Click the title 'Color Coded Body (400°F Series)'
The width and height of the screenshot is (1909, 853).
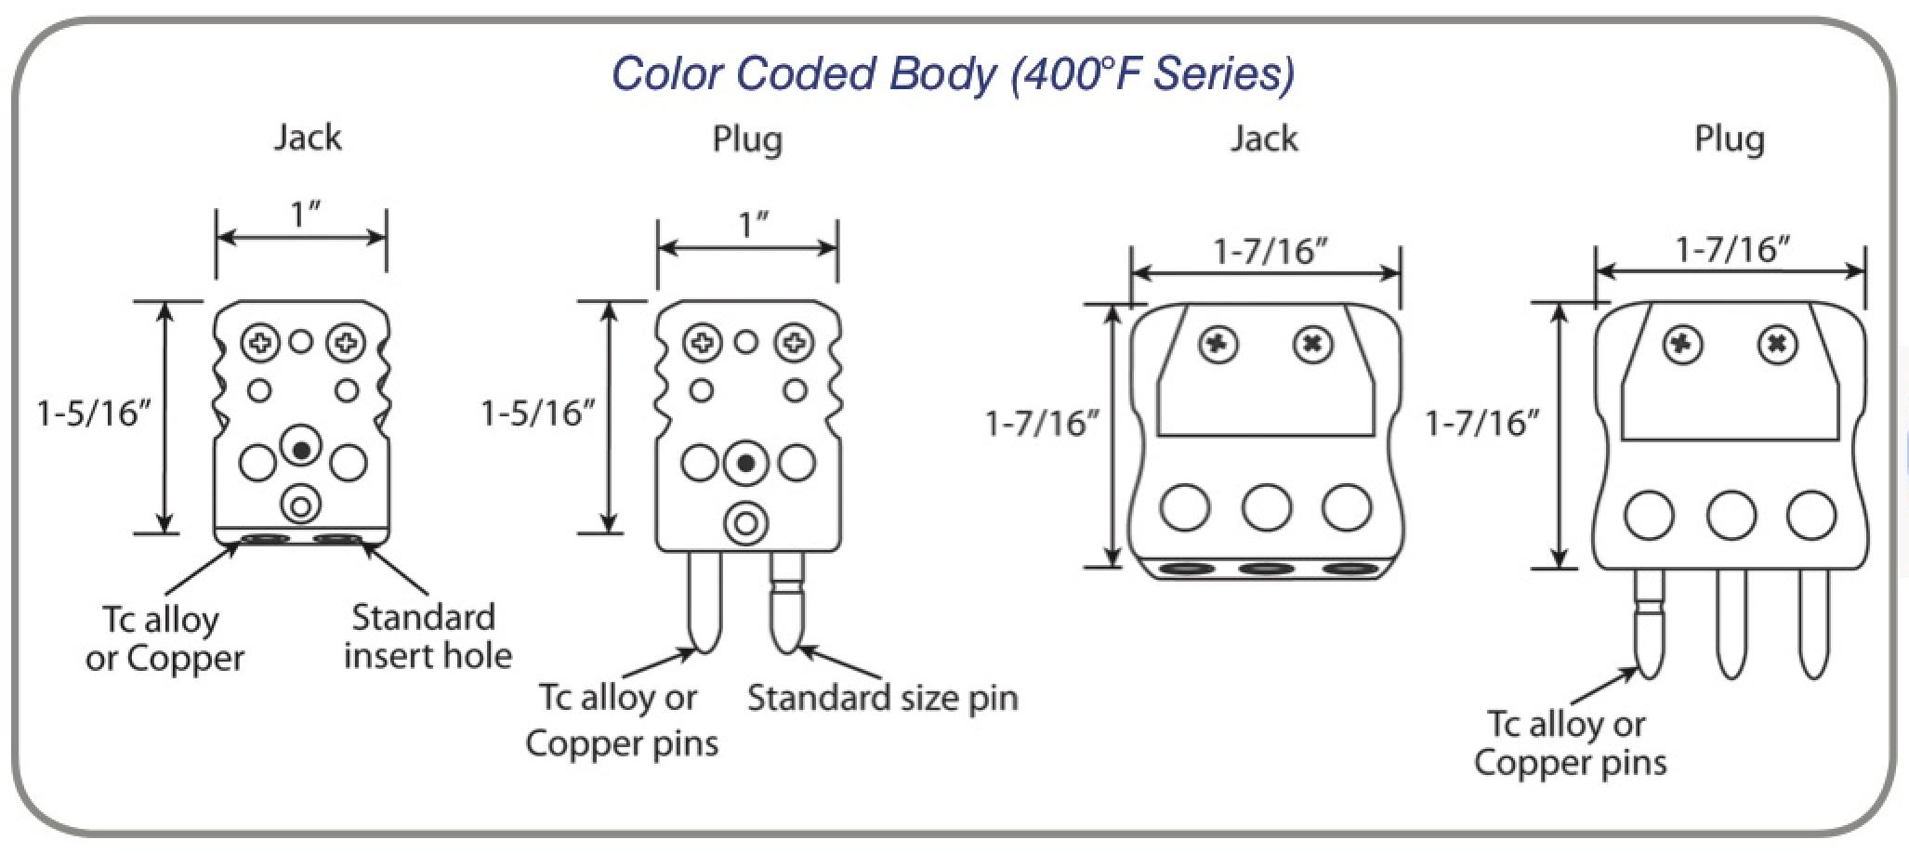tap(953, 73)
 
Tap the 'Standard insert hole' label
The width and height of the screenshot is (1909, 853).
tap(428, 636)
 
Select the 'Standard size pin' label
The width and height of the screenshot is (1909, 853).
tap(882, 698)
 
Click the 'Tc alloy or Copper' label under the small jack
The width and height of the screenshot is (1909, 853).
tap(165, 638)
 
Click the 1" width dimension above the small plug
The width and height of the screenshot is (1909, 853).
tap(750, 225)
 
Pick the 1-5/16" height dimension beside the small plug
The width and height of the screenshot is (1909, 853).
tap(537, 413)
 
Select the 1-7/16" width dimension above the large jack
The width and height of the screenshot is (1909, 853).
tap(1270, 251)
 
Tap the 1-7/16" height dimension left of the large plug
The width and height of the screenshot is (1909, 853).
tap(1481, 424)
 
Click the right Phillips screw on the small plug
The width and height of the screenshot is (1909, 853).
tap(795, 343)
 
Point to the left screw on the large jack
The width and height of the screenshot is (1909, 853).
tap(1218, 346)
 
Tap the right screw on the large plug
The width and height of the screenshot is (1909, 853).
tap(1776, 346)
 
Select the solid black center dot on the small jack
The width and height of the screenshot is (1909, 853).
tap(300, 450)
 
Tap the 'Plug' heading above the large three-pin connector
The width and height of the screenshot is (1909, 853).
tap(1729, 139)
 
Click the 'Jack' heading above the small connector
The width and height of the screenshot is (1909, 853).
tap(307, 138)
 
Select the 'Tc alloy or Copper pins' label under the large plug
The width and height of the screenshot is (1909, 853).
tap(1570, 743)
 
